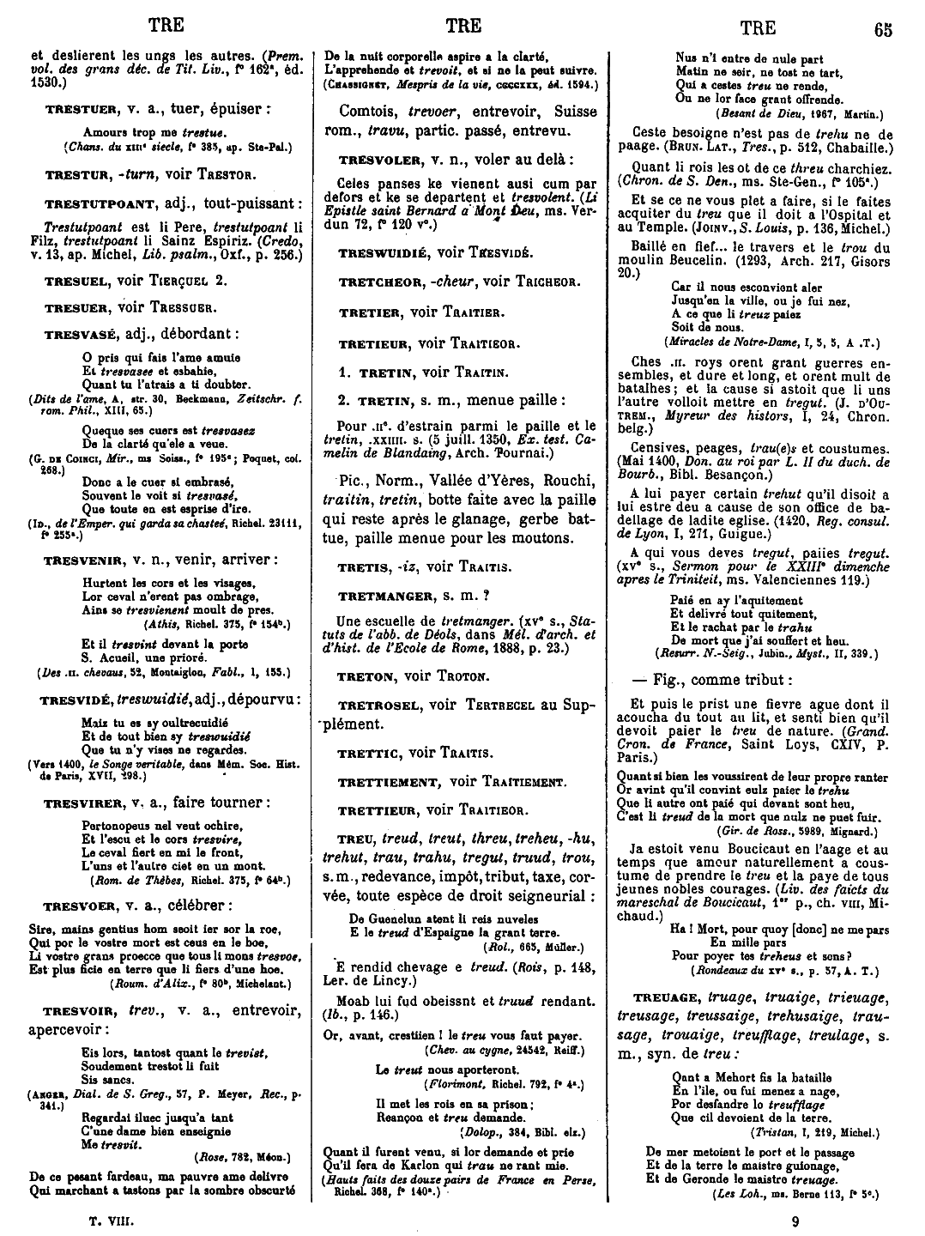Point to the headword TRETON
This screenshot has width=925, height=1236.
(x=366, y=676)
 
